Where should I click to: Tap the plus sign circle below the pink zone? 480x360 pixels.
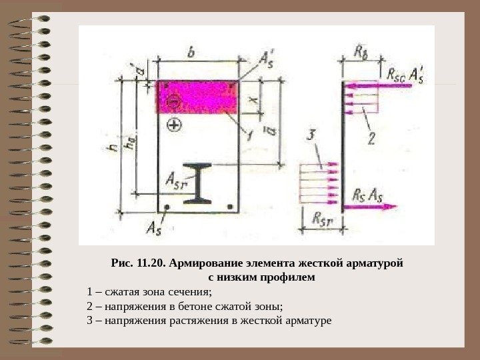point(175,124)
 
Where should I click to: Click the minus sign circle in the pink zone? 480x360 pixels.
point(174,102)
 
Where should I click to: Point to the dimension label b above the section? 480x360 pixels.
point(191,51)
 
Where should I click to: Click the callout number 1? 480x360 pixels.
point(248,137)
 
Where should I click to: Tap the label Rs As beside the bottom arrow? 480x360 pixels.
point(367,195)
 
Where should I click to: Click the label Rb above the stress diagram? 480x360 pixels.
point(360,51)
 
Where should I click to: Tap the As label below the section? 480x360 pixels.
point(154,229)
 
